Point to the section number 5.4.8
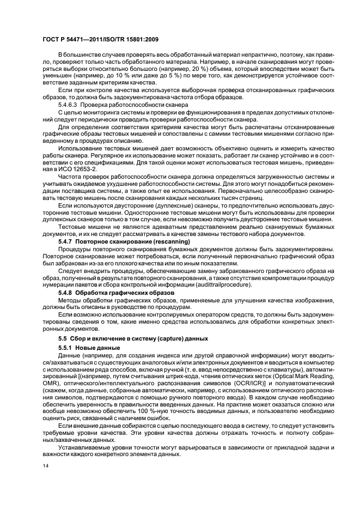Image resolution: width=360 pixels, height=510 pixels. [65, 293]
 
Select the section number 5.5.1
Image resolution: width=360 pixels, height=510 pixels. [65, 347]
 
